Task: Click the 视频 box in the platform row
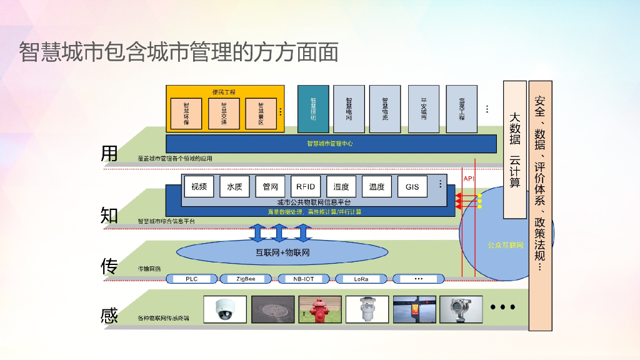(199, 186)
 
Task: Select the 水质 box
(234, 186)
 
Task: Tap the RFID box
(306, 186)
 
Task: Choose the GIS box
(412, 186)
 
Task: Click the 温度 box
(377, 186)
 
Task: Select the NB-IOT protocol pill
(304, 279)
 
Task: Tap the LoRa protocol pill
(362, 279)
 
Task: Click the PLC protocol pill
(192, 279)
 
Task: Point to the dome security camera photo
(225, 309)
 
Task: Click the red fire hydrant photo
(321, 309)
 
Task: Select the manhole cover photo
(272, 309)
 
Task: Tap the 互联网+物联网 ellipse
(282, 252)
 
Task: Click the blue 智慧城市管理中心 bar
(330, 143)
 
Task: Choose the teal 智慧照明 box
(313, 109)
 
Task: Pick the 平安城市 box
(424, 109)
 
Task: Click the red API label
(469, 179)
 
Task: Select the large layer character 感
(109, 316)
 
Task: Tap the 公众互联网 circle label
(506, 245)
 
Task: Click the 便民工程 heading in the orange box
(223, 92)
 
